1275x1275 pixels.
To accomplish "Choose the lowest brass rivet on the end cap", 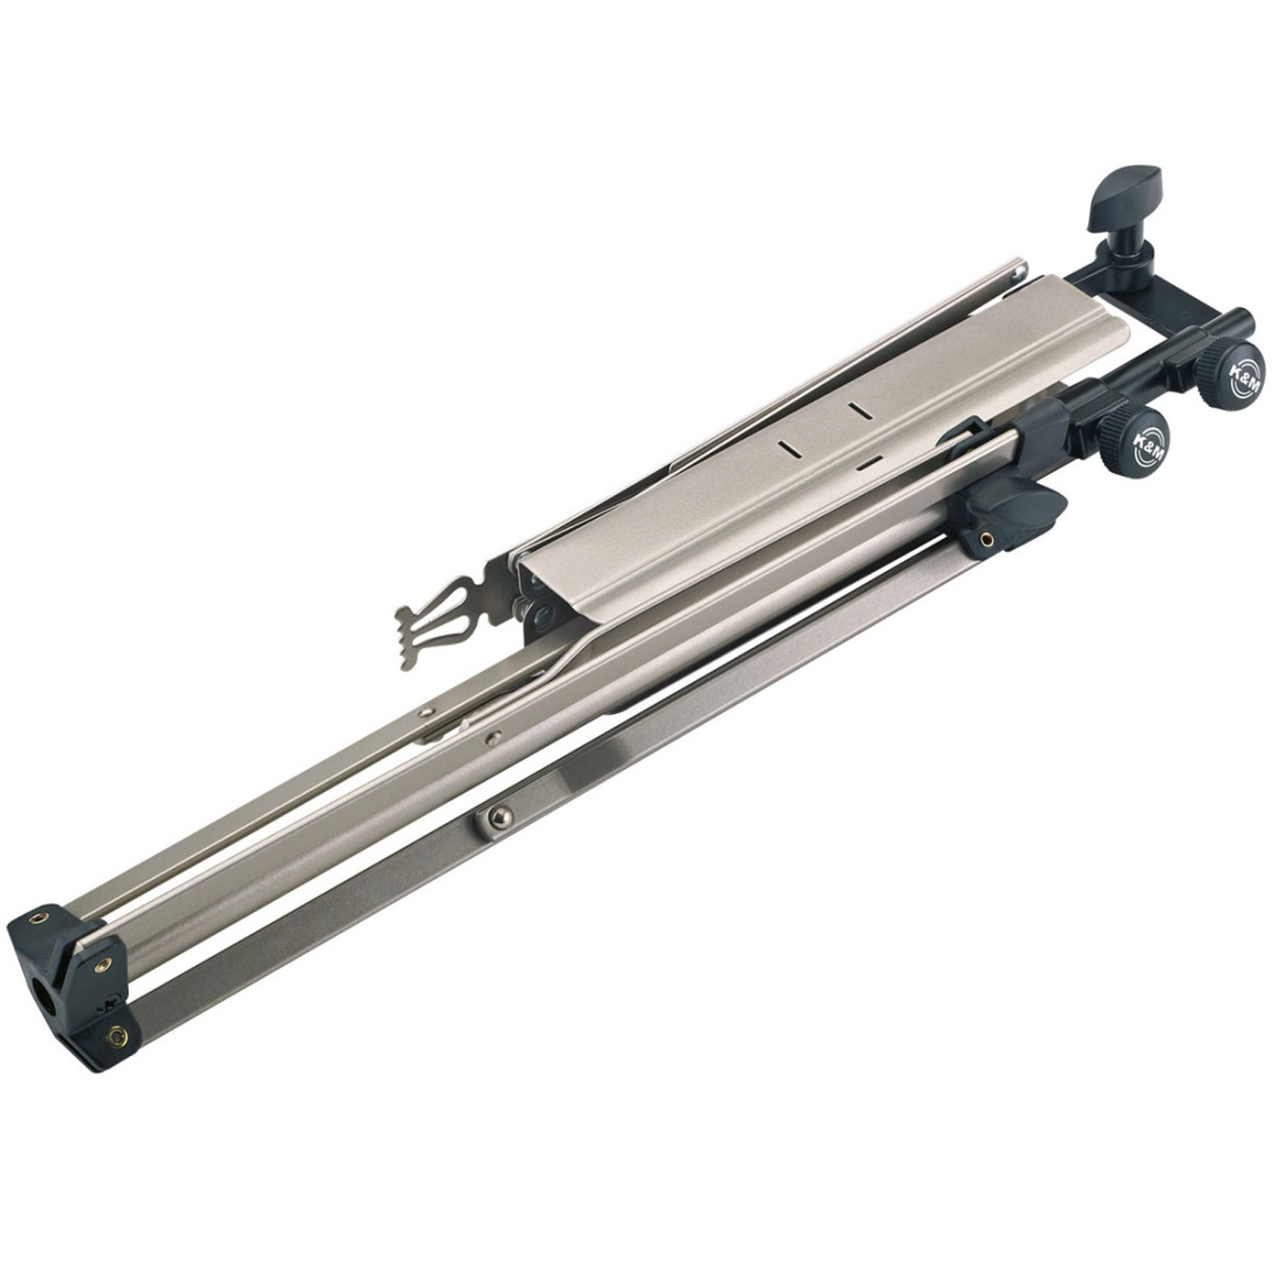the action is point(117,1034).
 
